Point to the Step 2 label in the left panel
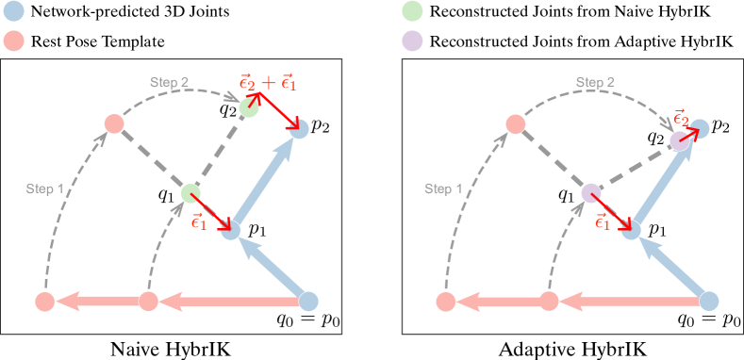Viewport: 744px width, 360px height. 170,82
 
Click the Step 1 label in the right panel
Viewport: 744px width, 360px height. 443,188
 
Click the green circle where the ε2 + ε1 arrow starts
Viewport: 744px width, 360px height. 248,107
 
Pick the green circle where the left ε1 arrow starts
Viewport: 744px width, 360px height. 191,194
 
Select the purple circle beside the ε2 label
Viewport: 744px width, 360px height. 679,141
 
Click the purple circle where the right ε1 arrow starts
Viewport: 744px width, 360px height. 591,194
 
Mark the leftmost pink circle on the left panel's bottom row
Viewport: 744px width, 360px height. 44,302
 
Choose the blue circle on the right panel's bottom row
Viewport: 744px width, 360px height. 709,302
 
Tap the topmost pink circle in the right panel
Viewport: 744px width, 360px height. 515,123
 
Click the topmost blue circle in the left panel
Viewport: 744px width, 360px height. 300,129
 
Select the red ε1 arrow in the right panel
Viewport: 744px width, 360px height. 612,211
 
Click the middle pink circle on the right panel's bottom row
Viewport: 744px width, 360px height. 549,302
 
